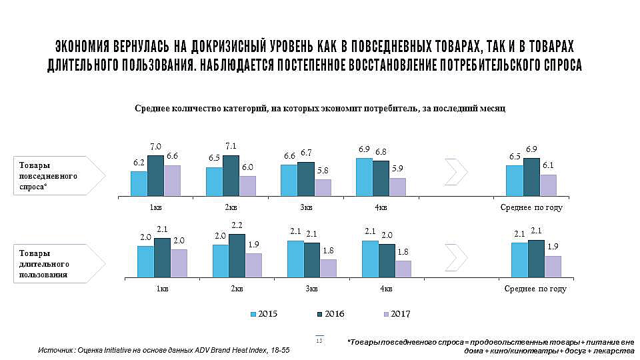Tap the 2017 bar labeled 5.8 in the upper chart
tap(323, 187)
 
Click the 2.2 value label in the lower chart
tap(236, 225)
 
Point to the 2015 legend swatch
tap(253, 314)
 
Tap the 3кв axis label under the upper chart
tap(306, 207)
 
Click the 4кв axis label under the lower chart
tap(386, 289)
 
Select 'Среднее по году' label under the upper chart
tap(531, 207)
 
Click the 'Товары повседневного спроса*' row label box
tap(59, 176)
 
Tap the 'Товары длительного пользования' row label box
tap(59, 263)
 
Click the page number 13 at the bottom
tap(319, 341)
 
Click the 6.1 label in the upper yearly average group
tap(548, 166)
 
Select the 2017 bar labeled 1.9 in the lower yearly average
tap(553, 265)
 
